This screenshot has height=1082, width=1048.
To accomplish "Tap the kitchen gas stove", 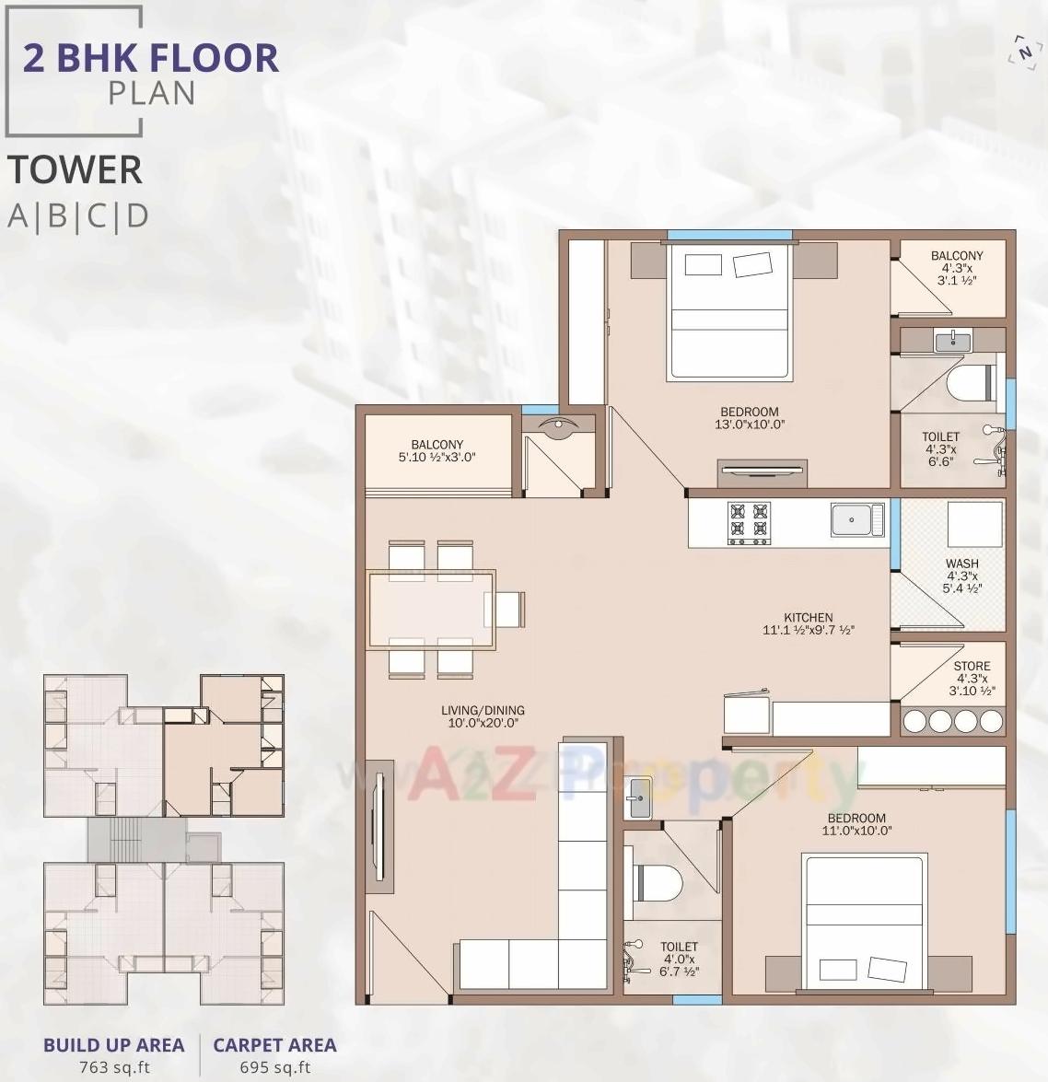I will coord(749,522).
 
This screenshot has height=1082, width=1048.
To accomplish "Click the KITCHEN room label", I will coord(808,618).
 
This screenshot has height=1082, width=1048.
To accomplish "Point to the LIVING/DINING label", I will coord(482,710).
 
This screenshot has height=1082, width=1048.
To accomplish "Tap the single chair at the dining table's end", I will coord(510,610).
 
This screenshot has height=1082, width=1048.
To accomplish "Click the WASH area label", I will coord(961,564).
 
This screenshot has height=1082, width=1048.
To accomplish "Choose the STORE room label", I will coord(972,666).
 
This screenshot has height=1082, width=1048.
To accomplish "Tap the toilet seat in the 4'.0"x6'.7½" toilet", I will coord(655,882).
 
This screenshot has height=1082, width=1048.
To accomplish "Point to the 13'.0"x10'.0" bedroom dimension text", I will coord(749,425).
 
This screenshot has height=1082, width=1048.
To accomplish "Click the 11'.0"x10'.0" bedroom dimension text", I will coord(856,831).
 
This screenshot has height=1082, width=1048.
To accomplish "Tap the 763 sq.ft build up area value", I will coord(113,1067).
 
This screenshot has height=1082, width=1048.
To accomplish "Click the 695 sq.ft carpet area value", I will coord(274,1067).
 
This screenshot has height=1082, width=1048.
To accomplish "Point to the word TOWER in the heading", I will coord(75,170).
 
